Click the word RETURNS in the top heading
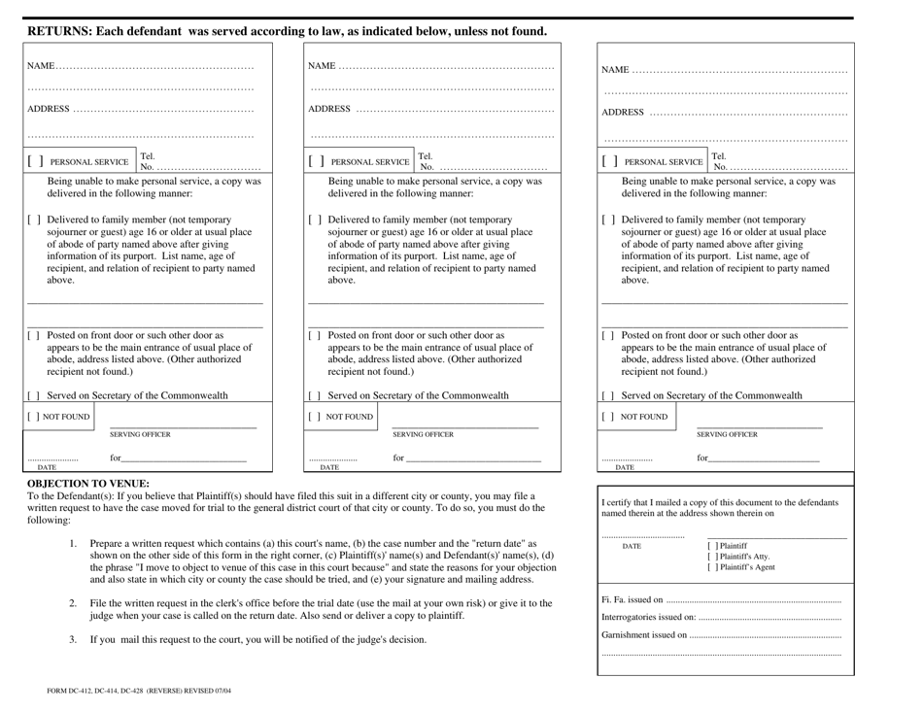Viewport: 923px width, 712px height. tap(61, 31)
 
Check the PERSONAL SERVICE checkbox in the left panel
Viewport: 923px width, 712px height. tap(36, 162)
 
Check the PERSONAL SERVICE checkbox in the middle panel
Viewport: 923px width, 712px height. tap(318, 162)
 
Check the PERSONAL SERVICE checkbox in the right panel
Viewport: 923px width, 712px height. tap(611, 162)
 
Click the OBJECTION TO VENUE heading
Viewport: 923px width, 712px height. tap(87, 483)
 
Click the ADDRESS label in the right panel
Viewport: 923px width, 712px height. tap(624, 113)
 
